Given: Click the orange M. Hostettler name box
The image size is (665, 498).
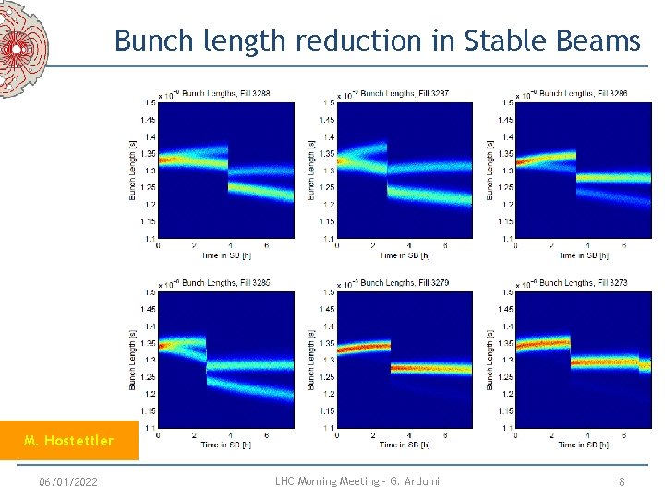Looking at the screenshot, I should coord(69,441).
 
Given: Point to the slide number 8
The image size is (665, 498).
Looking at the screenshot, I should coord(623,481).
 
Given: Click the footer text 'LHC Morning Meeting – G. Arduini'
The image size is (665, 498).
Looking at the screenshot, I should coord(357,481).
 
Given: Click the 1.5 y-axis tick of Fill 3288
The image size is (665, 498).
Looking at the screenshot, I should coord(149,102).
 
